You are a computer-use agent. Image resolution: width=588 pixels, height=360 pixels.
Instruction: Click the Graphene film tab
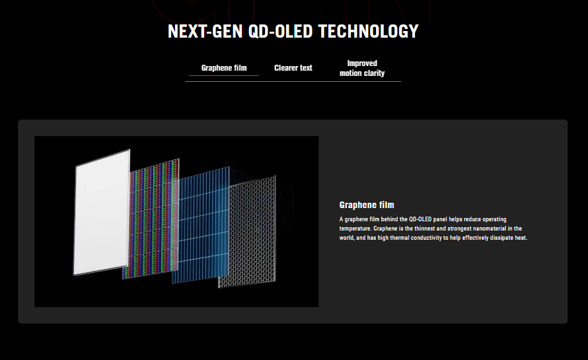pyautogui.click(x=224, y=68)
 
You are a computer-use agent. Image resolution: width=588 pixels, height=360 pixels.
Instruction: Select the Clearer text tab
pyautogui.click(x=293, y=68)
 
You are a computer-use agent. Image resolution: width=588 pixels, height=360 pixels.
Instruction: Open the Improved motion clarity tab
pyautogui.click(x=362, y=68)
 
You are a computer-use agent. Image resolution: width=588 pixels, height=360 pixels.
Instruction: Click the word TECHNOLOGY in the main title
pyautogui.click(x=368, y=31)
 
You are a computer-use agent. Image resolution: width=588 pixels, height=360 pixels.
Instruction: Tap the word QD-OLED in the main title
pyautogui.click(x=280, y=31)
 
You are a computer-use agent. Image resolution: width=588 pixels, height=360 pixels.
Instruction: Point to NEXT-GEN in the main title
pyautogui.click(x=205, y=31)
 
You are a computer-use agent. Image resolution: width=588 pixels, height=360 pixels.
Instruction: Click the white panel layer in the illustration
pyautogui.click(x=101, y=212)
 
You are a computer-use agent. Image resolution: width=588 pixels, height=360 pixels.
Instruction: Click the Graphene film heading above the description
pyautogui.click(x=367, y=205)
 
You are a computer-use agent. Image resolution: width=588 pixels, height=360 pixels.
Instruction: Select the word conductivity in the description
pyautogui.click(x=426, y=238)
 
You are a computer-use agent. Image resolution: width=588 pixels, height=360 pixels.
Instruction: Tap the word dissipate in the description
pyautogui.click(x=501, y=238)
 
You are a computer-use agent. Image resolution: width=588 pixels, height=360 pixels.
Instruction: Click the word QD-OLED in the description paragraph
pyautogui.click(x=420, y=219)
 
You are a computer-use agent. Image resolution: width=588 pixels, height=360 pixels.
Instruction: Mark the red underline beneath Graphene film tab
pyautogui.click(x=224, y=75)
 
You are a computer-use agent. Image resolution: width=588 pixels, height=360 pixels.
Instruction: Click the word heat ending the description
pyautogui.click(x=521, y=238)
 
